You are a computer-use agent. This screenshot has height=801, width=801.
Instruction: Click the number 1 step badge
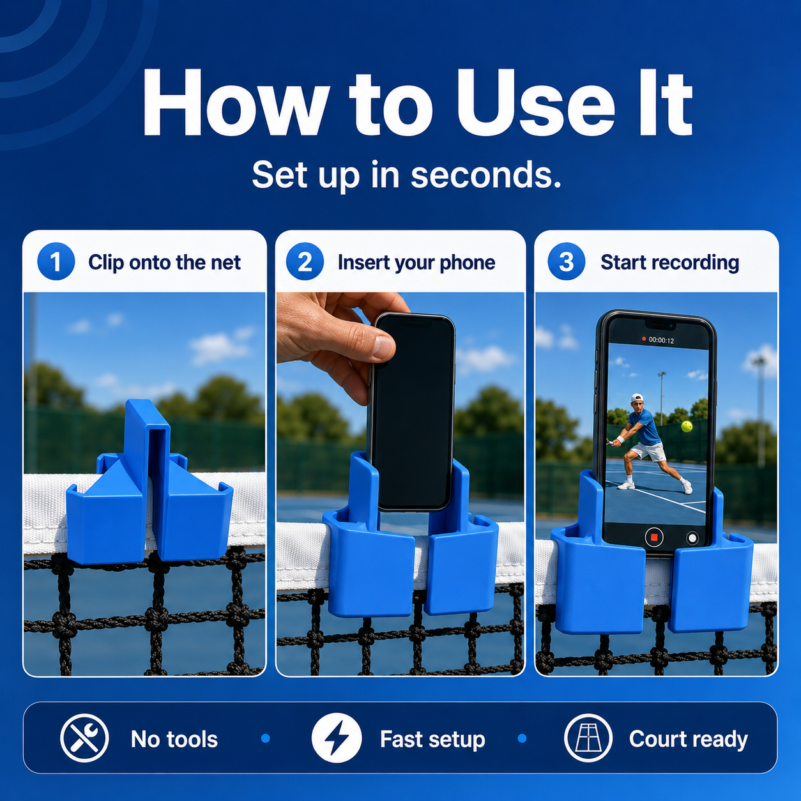click(x=56, y=261)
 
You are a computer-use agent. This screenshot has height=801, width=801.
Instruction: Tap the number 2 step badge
click(x=305, y=261)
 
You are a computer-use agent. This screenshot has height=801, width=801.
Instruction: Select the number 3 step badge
click(x=566, y=261)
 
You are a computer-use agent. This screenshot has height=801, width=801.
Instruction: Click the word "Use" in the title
click(x=535, y=104)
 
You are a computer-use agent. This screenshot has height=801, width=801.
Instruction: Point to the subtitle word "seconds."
click(x=486, y=175)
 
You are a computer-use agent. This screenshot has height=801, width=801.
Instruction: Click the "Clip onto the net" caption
click(x=164, y=263)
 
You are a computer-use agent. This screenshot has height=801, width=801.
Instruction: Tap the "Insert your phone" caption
click(x=416, y=263)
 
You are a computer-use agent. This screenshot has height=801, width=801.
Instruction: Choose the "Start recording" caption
click(x=669, y=263)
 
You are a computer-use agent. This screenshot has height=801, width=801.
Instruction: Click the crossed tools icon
click(x=84, y=738)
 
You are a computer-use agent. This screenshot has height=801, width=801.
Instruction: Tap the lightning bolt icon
click(x=337, y=738)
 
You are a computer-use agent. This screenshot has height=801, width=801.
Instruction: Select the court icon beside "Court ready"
click(x=588, y=738)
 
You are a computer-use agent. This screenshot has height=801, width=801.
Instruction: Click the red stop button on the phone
click(x=654, y=537)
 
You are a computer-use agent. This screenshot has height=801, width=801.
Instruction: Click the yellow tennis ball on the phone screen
click(x=686, y=426)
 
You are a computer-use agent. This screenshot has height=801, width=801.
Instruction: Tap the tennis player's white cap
click(x=636, y=398)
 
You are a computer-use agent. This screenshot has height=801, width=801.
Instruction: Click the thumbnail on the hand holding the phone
click(x=383, y=346)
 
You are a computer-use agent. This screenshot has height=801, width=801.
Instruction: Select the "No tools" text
click(x=174, y=739)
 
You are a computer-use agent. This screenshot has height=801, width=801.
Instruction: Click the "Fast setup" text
click(x=432, y=740)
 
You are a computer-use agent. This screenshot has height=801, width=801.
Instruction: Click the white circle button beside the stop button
click(x=692, y=538)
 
